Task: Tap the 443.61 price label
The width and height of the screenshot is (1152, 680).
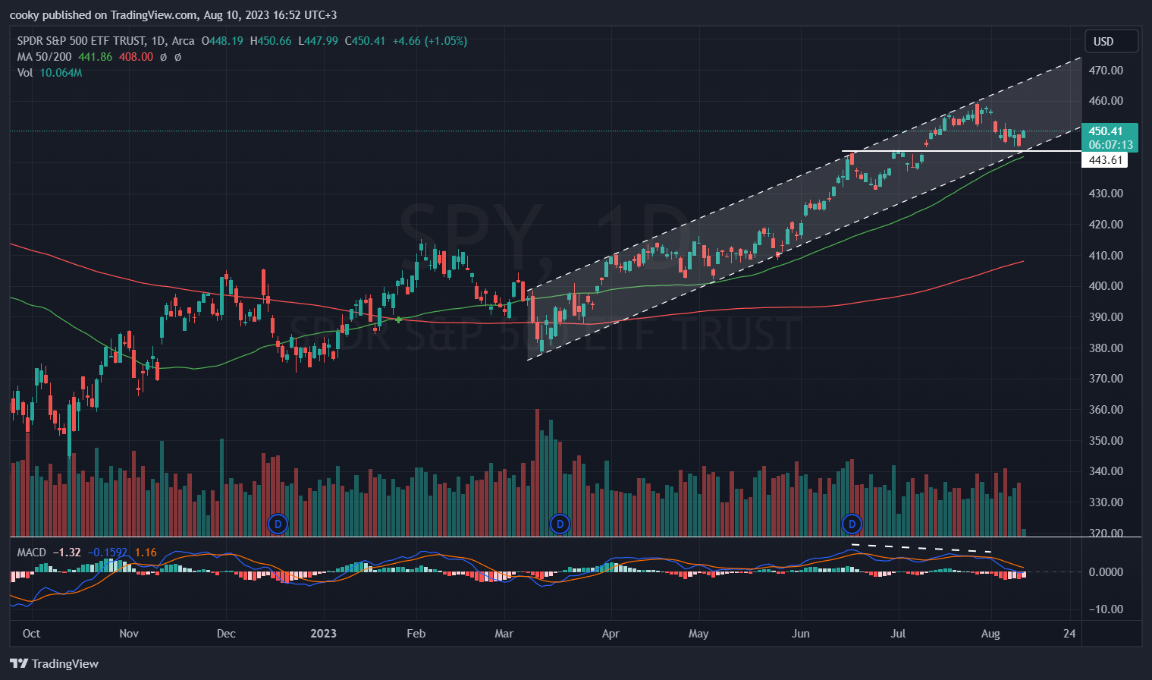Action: [1105, 160]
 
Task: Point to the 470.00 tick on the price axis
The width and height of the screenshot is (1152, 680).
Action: [1106, 71]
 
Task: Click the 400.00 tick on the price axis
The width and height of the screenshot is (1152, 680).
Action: [1106, 286]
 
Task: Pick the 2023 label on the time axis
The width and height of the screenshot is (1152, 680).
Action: [324, 634]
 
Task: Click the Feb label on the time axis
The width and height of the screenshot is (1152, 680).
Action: [416, 634]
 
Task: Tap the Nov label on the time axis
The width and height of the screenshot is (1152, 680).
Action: [129, 634]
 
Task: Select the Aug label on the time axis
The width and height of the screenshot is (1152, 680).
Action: [990, 634]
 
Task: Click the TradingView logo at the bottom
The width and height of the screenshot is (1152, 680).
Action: [55, 664]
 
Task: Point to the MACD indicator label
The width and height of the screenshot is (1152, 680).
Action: [32, 552]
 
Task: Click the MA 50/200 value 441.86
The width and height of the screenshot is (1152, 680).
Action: [95, 57]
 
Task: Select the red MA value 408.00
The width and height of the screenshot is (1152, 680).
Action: [136, 57]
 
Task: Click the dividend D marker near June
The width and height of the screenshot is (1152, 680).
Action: [852, 524]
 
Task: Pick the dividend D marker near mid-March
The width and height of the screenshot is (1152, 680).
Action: [560, 524]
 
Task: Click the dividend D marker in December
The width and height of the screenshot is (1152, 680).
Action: [278, 524]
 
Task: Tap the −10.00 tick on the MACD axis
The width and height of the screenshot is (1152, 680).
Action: [1106, 609]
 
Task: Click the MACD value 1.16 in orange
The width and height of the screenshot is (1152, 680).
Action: [146, 552]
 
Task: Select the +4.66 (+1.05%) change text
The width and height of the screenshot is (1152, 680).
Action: [429, 41]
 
